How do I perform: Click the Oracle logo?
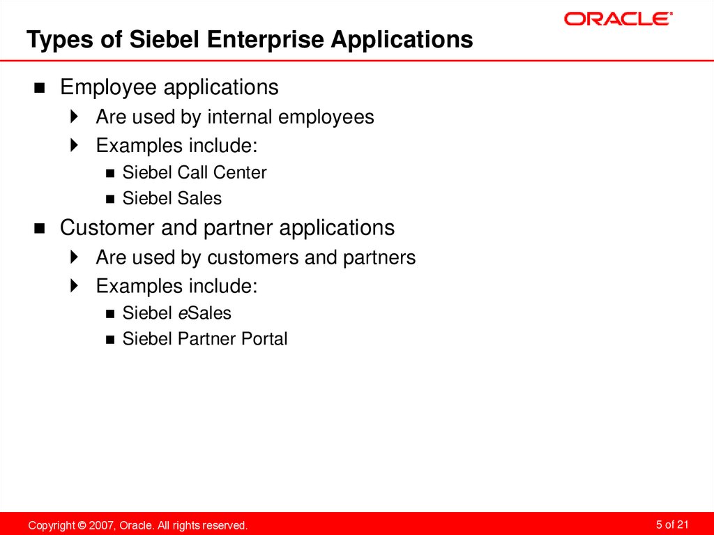pyautogui.click(x=618, y=19)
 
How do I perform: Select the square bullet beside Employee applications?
pyautogui.click(x=40, y=89)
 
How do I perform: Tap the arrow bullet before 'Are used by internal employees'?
pyautogui.click(x=75, y=117)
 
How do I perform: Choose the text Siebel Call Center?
pyautogui.click(x=194, y=172)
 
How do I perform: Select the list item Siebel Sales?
pyautogui.click(x=172, y=199)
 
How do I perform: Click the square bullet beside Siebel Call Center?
pyautogui.click(x=109, y=173)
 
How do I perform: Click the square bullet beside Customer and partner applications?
pyautogui.click(x=40, y=229)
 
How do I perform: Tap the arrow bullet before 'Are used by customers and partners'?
pyautogui.click(x=75, y=258)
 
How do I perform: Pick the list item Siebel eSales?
pyautogui.click(x=176, y=313)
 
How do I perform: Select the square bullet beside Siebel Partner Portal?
pyautogui.click(x=109, y=340)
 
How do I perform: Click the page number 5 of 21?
pyautogui.click(x=672, y=525)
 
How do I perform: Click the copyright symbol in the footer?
pyautogui.click(x=82, y=525)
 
